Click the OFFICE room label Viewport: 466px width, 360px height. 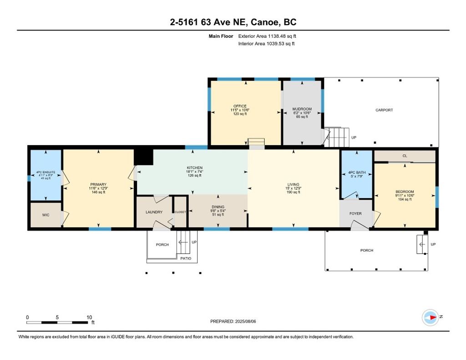click(x=240, y=106)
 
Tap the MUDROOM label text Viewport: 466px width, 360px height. click(x=302, y=109)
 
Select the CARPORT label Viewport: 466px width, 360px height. click(x=384, y=110)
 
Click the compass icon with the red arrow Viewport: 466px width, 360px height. click(x=431, y=318)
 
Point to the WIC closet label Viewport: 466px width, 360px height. click(x=46, y=215)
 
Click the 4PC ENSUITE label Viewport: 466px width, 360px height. click(x=46, y=172)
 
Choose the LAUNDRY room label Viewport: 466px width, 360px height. click(x=154, y=212)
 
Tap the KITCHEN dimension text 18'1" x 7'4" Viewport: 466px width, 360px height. click(x=194, y=172)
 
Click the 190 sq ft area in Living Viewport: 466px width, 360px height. click(x=293, y=192)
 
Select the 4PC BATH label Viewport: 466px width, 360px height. click(x=357, y=172)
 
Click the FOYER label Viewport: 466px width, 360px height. click(x=355, y=213)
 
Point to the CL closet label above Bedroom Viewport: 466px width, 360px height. click(x=405, y=156)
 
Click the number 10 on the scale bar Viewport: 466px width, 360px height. click(x=89, y=317)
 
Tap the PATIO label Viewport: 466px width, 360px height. click(x=186, y=259)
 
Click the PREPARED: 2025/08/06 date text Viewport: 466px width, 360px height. click(x=233, y=321)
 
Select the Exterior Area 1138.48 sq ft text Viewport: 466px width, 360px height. click(x=267, y=36)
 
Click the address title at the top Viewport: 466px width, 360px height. click(x=233, y=22)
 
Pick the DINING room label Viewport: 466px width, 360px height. click(x=218, y=207)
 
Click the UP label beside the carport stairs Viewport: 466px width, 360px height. click(x=354, y=137)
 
